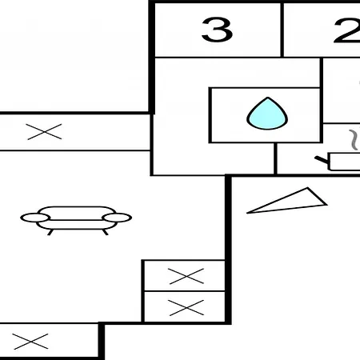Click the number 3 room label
[x=217, y=30]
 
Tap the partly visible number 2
[x=346, y=30]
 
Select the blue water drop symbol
[x=267, y=114]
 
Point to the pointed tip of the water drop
[x=268, y=98]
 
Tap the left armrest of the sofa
[x=34, y=218]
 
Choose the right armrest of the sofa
[x=118, y=218]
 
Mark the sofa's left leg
[x=50, y=232]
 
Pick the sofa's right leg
[x=106, y=232]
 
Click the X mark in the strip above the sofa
[x=45, y=132]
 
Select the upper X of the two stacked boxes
[x=186, y=276]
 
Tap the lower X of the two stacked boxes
[x=186, y=308]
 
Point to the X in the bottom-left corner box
[x=30, y=342]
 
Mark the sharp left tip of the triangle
[x=247, y=213]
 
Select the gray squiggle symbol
[x=354, y=139]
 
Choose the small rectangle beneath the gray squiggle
[x=344, y=162]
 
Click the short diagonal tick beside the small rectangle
[x=322, y=160]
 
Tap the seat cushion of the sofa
[x=77, y=225]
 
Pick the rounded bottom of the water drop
[x=267, y=128]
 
